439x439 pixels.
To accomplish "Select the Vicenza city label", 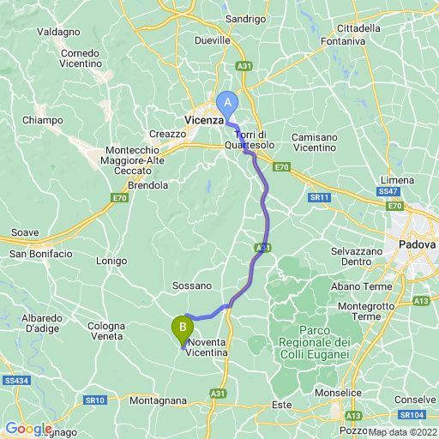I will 204,121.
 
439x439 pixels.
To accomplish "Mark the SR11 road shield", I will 320,197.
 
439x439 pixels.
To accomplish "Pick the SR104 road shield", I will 412,415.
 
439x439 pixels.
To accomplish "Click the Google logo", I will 29,429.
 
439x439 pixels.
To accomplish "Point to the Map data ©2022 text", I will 403,431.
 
